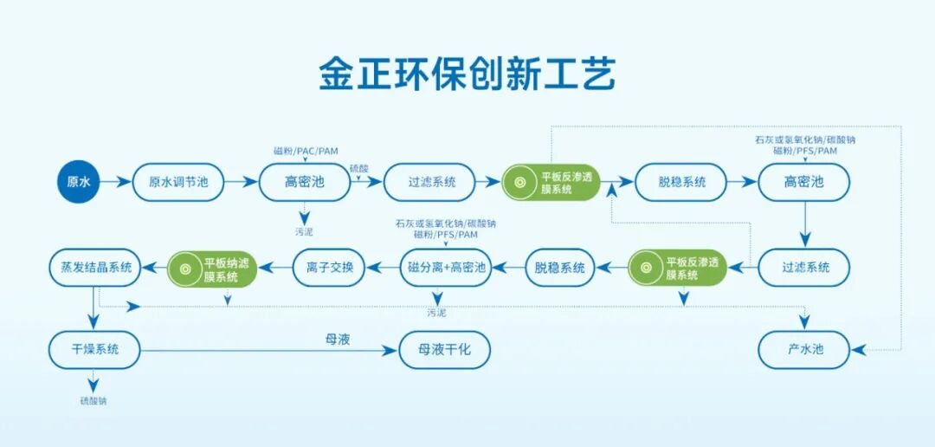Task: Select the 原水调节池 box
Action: click(x=178, y=182)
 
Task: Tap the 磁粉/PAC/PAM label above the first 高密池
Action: click(x=306, y=152)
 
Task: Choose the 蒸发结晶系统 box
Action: click(x=91, y=268)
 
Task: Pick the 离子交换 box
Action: click(x=329, y=268)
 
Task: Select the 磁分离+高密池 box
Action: click(x=447, y=268)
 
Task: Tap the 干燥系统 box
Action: click(x=94, y=350)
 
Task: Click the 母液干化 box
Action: click(x=445, y=350)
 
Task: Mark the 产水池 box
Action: click(x=803, y=350)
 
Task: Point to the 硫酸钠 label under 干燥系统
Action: click(x=94, y=401)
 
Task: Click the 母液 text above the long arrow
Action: click(x=337, y=340)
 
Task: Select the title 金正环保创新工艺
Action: click(x=467, y=75)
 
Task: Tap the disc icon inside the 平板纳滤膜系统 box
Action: click(x=185, y=268)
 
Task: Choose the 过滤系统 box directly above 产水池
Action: click(x=804, y=268)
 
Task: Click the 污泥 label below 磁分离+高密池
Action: click(x=436, y=312)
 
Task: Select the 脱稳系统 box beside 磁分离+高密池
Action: click(x=560, y=268)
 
